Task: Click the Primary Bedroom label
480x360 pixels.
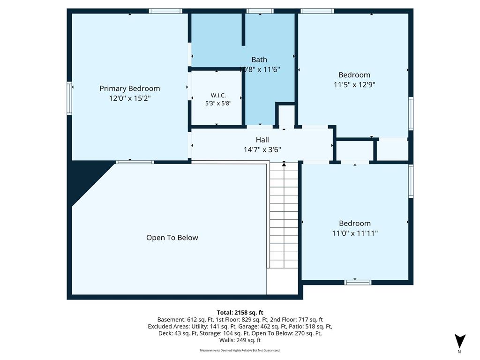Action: pos(130,89)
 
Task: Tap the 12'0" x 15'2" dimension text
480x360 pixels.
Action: pos(130,98)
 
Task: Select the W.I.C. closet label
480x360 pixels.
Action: pos(218,96)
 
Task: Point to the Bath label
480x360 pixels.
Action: pos(259,60)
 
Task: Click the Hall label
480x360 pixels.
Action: pos(262,140)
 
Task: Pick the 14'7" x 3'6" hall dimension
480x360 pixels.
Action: pos(262,150)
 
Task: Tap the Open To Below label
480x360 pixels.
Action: pos(172,238)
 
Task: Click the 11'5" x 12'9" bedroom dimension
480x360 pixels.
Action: pos(354,84)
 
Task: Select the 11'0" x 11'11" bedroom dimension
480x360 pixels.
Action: pos(355,233)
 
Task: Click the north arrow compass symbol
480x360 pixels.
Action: pos(460,341)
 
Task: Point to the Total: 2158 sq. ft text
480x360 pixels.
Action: pos(240,313)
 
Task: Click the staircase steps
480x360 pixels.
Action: pos(284,216)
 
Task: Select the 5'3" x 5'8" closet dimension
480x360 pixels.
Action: pos(218,104)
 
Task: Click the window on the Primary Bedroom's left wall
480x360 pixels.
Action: pos(69,98)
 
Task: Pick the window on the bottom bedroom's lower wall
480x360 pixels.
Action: pos(358,282)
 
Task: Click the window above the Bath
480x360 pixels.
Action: pos(260,11)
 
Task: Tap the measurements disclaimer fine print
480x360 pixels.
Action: pos(240,350)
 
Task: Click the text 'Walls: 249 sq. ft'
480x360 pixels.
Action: pos(240,340)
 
